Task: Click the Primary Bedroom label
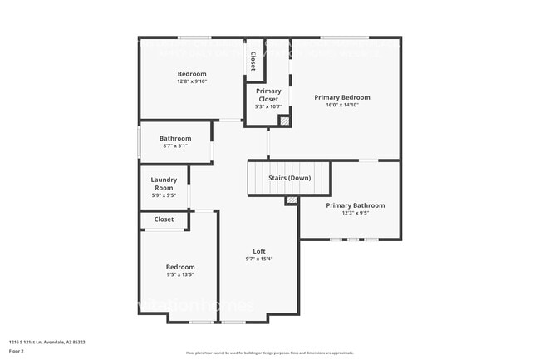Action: pos(341,97)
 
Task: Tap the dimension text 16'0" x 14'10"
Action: pos(341,106)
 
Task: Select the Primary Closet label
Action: pos(268,95)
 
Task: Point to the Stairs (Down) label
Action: pos(289,178)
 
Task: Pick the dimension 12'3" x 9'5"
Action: pos(355,214)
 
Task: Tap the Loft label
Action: pos(259,251)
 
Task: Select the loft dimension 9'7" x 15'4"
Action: pos(259,259)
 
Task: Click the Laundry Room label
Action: pos(163,184)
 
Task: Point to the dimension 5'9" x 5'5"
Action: pos(163,195)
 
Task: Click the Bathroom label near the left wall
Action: pos(175,138)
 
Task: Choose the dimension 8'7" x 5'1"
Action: pos(175,146)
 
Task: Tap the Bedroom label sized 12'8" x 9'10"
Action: pos(192,73)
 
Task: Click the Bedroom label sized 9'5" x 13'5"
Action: pos(179,266)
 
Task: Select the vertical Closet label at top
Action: pos(253,62)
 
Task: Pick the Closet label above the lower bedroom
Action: pos(164,219)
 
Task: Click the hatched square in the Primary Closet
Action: pos(284,121)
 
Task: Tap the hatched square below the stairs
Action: pos(291,200)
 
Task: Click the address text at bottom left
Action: pos(47,341)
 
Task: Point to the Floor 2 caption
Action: pos(17,349)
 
